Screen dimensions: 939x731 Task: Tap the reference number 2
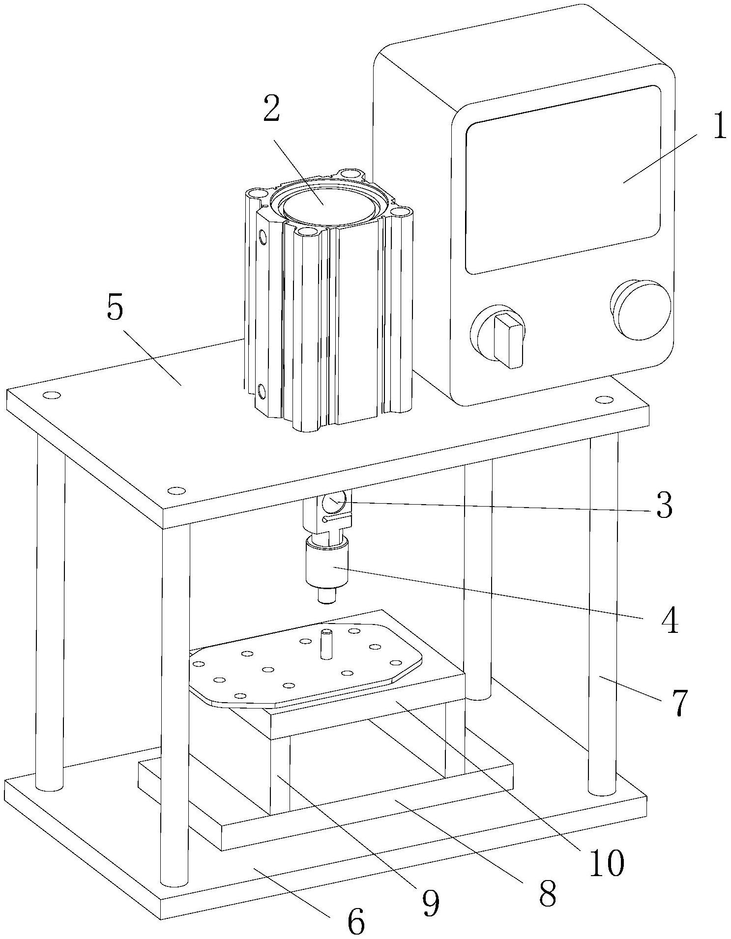pos(271,110)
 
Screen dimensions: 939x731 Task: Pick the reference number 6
pos(356,921)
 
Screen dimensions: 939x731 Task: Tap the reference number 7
pos(678,704)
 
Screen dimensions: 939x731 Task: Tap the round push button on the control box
pos(641,310)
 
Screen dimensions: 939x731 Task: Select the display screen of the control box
pos(563,179)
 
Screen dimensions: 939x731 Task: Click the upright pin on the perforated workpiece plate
pos(325,644)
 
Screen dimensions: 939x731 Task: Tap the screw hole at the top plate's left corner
pos(51,395)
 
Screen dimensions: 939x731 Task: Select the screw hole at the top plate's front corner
pos(176,490)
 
